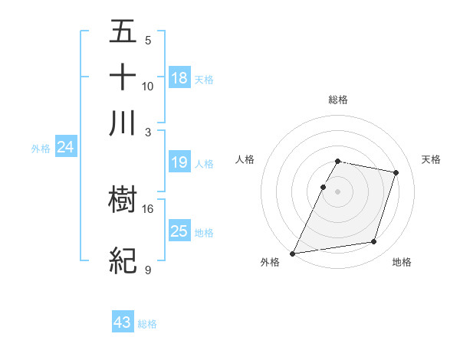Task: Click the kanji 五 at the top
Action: click(123, 33)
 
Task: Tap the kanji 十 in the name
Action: click(123, 78)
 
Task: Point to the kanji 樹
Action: click(123, 201)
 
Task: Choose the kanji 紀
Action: click(123, 261)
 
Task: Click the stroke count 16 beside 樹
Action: click(148, 208)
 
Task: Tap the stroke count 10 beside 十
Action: click(148, 86)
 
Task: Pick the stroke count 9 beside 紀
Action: click(147, 270)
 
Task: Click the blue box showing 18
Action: click(179, 77)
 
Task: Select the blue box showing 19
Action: click(179, 162)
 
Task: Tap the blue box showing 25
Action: click(179, 231)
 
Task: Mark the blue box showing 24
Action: click(65, 147)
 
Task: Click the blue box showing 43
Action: click(123, 322)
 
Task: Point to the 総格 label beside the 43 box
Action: click(147, 324)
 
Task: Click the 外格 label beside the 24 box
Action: click(41, 149)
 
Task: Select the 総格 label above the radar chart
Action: click(337, 100)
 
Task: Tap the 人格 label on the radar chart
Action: click(245, 159)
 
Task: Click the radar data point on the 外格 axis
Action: click(293, 253)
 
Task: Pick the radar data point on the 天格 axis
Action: click(396, 173)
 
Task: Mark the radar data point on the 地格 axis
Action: click(374, 242)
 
